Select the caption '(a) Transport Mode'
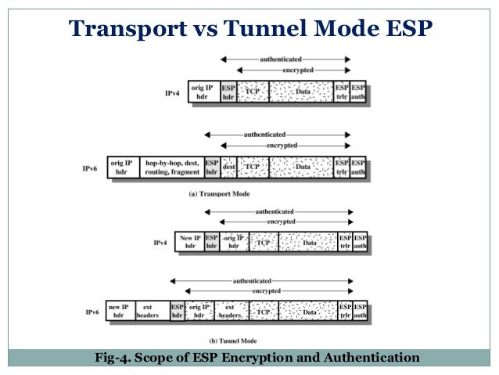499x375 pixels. point(219,193)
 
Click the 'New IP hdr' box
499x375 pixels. point(190,242)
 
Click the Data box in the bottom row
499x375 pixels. point(309,312)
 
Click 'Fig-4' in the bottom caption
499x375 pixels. point(110,359)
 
